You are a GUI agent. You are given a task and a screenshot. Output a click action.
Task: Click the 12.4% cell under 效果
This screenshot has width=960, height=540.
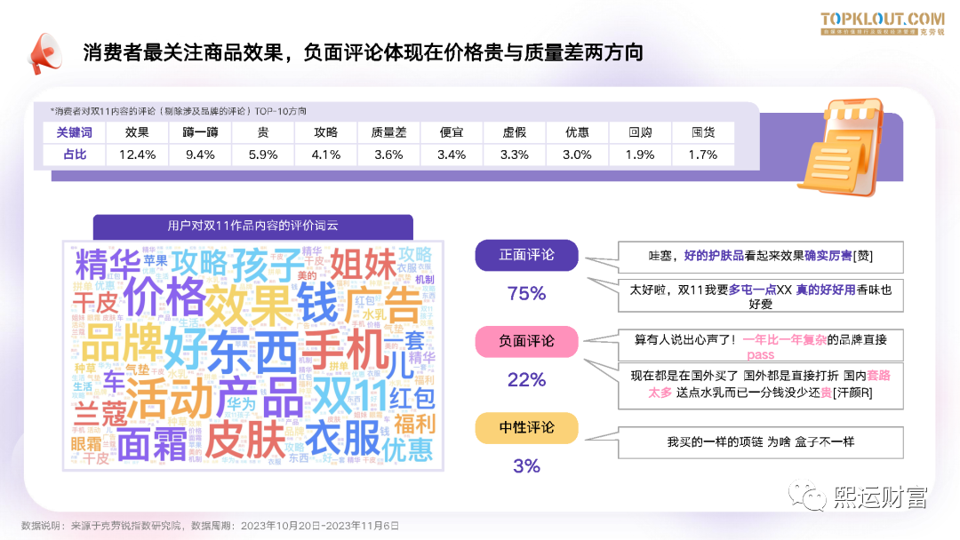[x=137, y=155]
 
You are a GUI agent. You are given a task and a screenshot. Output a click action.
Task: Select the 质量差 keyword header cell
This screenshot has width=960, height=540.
[x=388, y=132]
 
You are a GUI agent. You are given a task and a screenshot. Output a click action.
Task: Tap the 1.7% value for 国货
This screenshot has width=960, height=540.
[x=703, y=155]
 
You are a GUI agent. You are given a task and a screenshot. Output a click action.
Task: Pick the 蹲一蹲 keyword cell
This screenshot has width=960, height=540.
[x=200, y=132]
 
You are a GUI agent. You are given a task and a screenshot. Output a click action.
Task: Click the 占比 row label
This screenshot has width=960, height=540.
[x=75, y=155]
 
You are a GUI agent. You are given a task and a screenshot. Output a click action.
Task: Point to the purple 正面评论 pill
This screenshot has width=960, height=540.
[x=526, y=255]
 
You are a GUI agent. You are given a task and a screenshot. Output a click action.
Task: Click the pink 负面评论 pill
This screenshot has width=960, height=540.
[x=526, y=341]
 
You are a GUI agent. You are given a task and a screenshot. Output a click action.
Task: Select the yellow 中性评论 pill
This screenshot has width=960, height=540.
[x=526, y=427]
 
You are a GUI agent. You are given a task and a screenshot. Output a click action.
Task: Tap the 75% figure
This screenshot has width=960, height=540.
[x=526, y=293]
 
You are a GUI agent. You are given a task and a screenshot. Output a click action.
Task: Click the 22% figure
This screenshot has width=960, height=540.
[x=526, y=380]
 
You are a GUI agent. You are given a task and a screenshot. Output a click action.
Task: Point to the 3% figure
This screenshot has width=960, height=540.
[x=526, y=465]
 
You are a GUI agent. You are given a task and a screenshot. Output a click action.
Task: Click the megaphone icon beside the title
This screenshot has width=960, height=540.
[x=44, y=53]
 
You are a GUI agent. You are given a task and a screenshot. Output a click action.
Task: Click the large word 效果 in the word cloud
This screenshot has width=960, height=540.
[x=248, y=305]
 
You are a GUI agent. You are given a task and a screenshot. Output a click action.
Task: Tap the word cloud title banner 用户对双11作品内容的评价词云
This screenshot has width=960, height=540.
[x=253, y=226]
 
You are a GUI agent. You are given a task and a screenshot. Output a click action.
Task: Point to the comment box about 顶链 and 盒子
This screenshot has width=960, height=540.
[x=761, y=441]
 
